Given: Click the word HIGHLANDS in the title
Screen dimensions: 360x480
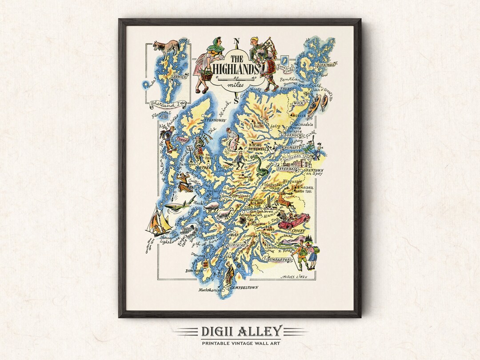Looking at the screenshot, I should click(236, 70).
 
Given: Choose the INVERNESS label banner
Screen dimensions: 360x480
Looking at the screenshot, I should click(287, 169).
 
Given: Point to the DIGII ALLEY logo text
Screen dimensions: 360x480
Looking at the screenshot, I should click(240, 331).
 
